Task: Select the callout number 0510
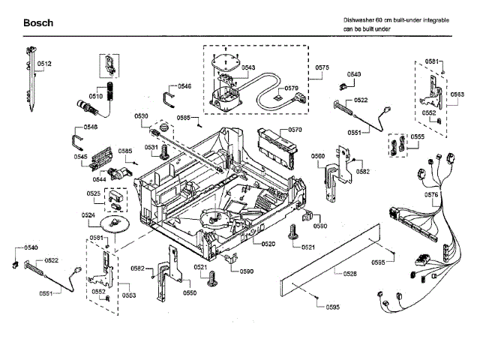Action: click(95, 96)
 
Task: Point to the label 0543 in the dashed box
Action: click(248, 67)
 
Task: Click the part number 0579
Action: click(292, 88)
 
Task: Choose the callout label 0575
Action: click(322, 68)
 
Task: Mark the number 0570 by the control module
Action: click(295, 130)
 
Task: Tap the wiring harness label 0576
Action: click(432, 195)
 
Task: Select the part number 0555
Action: click(418, 138)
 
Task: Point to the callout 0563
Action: click(457, 94)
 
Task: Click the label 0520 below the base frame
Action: click(268, 244)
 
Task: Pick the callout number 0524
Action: click(88, 215)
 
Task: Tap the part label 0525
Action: click(94, 193)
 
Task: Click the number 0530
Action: click(142, 115)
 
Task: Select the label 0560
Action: click(317, 156)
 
